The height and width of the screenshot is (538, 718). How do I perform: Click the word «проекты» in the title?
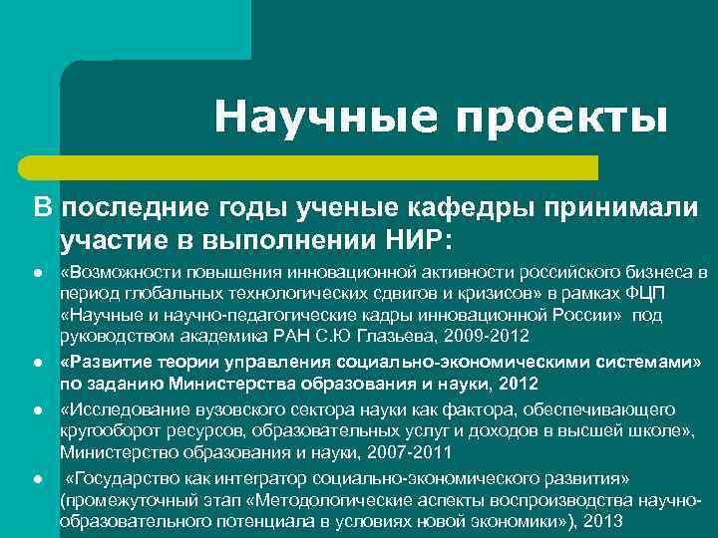(x=561, y=119)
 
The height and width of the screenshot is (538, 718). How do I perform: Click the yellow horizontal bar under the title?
(x=329, y=166)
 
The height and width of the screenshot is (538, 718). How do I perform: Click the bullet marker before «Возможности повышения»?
(x=35, y=272)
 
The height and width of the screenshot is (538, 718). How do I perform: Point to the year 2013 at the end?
(x=606, y=521)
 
